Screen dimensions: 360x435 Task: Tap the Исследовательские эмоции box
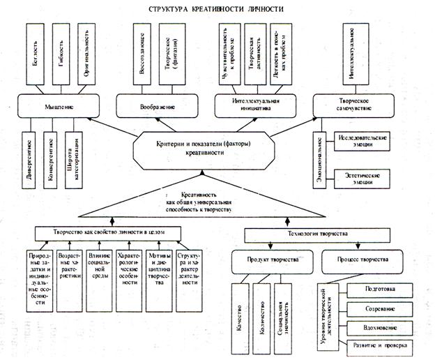pos(363,140)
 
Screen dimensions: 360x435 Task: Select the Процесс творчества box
pos(356,260)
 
